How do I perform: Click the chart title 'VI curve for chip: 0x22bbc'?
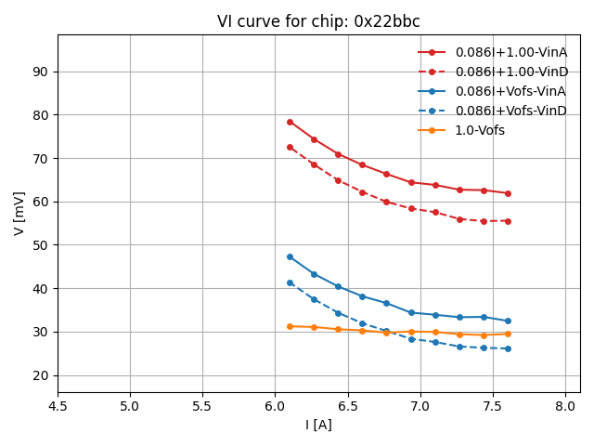tap(318, 21)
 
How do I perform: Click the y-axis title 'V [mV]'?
tap(19, 213)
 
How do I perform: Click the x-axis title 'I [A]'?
tap(318, 425)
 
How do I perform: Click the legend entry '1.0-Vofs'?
tap(480, 130)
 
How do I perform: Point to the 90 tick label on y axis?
tap(41, 72)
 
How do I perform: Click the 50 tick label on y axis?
tap(41, 245)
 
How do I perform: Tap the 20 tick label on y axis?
tap(41, 375)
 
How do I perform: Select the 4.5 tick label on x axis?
tap(58, 406)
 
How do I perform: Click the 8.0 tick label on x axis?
tap(565, 406)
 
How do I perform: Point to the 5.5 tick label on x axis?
tap(202, 406)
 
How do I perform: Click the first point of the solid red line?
tap(290, 122)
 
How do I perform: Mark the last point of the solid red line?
tap(508, 193)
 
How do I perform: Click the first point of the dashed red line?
tap(290, 147)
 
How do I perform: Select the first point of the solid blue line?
tap(290, 256)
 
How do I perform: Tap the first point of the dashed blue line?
tap(290, 282)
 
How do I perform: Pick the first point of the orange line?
tap(290, 326)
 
